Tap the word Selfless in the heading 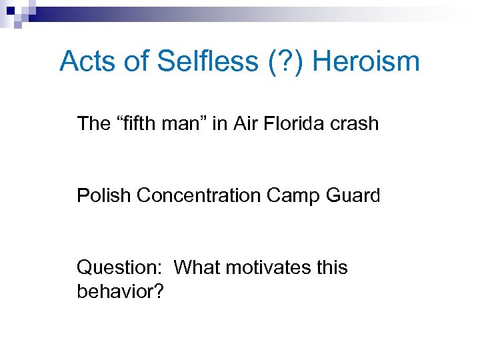[206, 62]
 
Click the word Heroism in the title [365, 62]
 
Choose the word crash [355, 123]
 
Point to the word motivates [269, 267]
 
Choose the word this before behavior [332, 267]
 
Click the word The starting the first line [93, 123]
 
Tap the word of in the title [136, 62]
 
